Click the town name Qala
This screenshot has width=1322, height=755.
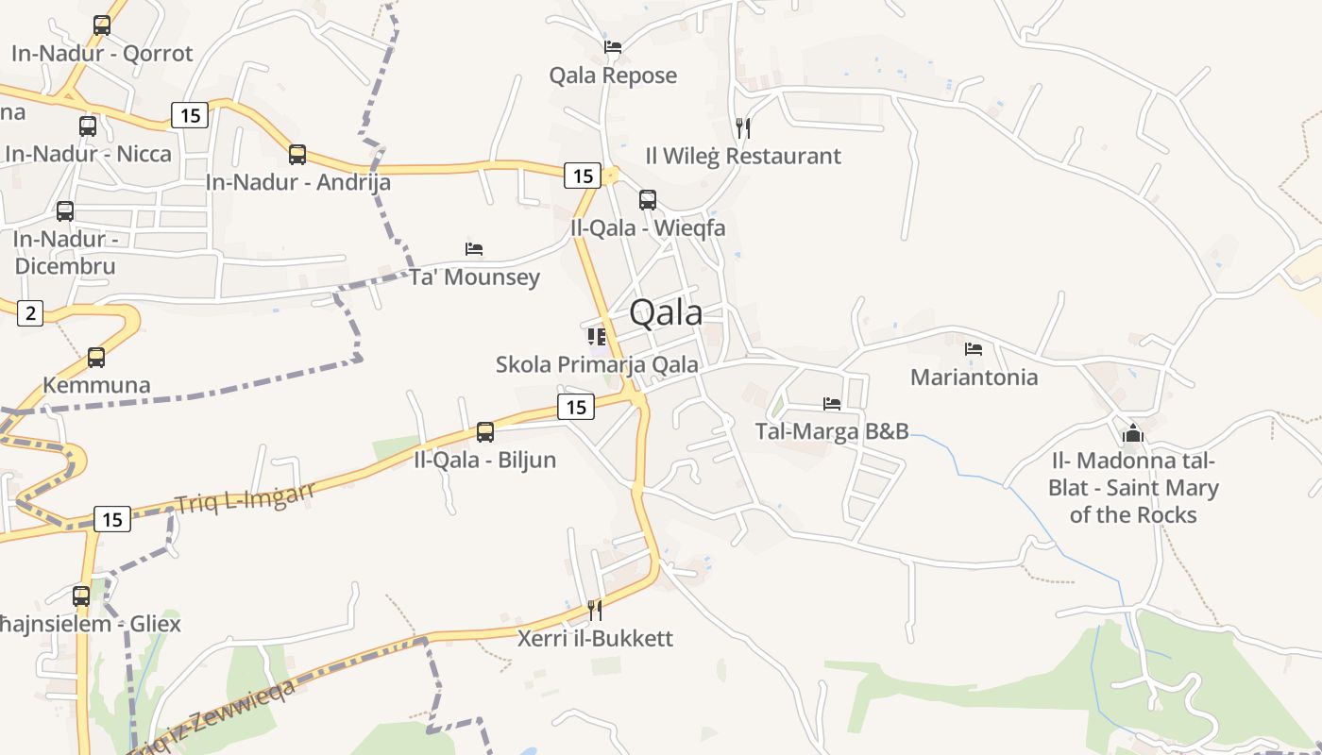[666, 312]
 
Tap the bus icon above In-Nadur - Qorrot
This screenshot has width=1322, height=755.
[102, 25]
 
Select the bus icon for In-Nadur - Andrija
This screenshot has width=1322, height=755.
[297, 155]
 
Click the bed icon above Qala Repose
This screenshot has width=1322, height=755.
[613, 46]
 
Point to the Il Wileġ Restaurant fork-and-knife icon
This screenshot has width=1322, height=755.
[743, 127]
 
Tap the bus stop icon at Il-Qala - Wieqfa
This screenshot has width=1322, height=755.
[648, 200]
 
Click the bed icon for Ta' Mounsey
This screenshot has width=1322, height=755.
[474, 249]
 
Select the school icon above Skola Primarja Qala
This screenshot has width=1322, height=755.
[597, 337]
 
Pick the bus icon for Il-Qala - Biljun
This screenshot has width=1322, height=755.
[485, 432]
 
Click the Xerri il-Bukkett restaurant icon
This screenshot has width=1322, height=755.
[595, 611]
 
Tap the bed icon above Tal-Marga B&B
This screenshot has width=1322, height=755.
[832, 404]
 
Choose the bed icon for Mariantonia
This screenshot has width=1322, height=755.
[974, 349]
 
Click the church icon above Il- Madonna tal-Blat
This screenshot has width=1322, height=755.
[1133, 434]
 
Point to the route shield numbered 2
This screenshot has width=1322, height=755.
[30, 312]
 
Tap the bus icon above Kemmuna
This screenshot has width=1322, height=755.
[96, 358]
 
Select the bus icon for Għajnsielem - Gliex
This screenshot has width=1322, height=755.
[81, 596]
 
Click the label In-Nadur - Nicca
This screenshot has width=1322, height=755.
[89, 154]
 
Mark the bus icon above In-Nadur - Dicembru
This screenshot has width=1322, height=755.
[65, 211]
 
